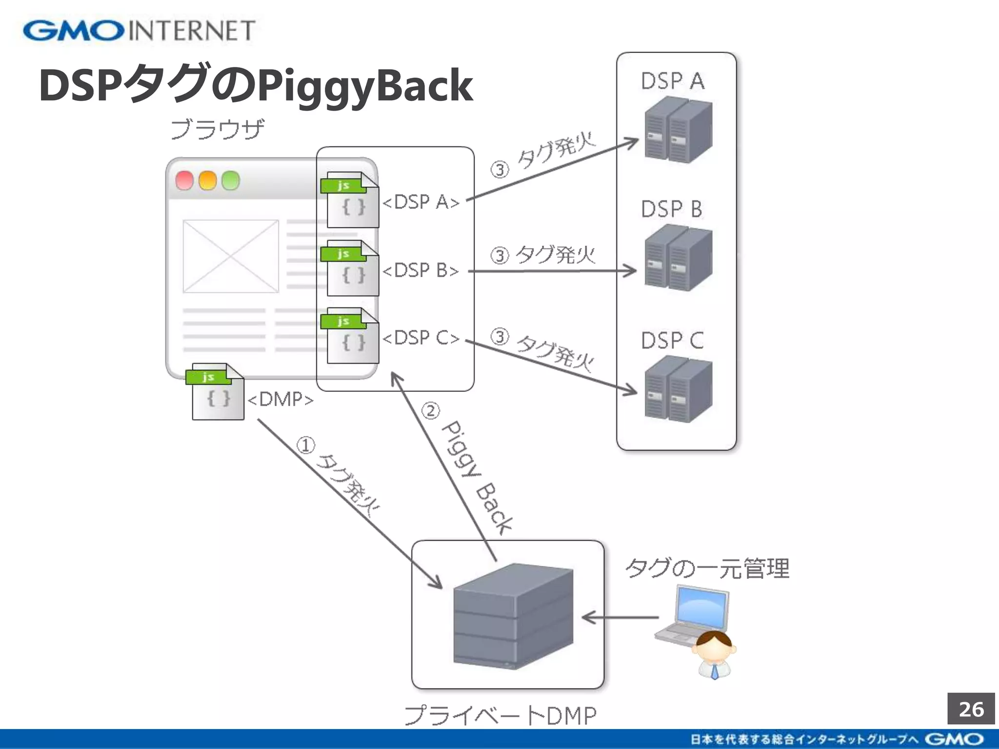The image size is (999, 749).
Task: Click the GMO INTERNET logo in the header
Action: (x=139, y=31)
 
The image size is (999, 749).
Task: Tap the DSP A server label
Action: (x=673, y=81)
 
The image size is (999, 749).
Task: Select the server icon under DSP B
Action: (x=678, y=258)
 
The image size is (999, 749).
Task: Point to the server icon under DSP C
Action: (x=678, y=389)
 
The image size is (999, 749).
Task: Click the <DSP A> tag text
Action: (x=421, y=202)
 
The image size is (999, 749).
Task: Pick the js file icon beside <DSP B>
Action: (x=350, y=268)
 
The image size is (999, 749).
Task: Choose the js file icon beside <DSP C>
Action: (x=350, y=336)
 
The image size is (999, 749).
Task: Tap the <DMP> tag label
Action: (x=280, y=399)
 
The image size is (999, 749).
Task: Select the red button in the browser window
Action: (x=184, y=180)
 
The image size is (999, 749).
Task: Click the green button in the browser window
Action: (x=231, y=180)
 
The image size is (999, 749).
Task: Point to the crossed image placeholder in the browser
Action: (x=231, y=256)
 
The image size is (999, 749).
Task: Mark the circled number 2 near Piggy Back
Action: (x=430, y=411)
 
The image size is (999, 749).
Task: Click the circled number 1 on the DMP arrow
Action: (x=306, y=445)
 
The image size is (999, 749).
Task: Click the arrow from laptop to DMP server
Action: (x=619, y=618)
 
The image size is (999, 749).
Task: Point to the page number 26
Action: (x=971, y=709)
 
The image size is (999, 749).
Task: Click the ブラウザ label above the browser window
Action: (x=218, y=130)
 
